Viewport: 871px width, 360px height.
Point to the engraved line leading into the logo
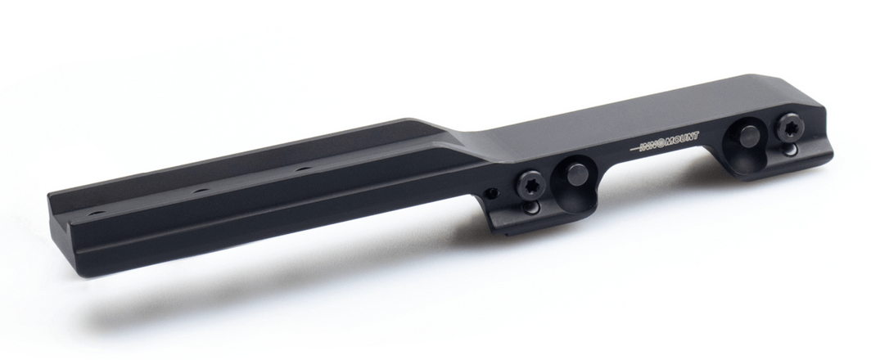click(x=636, y=150)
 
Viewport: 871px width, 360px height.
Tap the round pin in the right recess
click(x=749, y=137)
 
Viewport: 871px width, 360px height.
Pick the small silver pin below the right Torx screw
click(x=790, y=149)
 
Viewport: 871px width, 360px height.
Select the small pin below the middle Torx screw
click(x=531, y=207)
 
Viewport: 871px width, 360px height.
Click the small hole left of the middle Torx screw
click(x=491, y=193)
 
